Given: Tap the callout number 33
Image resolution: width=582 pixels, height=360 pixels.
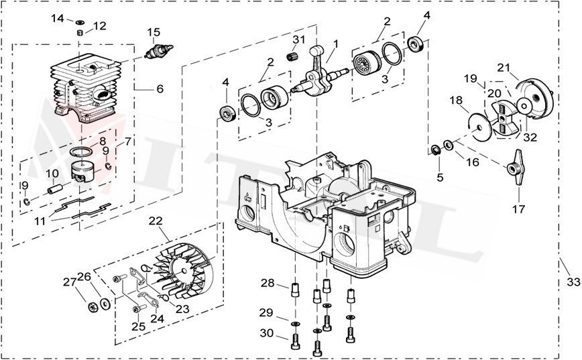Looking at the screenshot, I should click(x=572, y=282).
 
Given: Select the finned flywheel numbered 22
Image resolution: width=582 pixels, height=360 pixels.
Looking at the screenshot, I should click(x=178, y=274).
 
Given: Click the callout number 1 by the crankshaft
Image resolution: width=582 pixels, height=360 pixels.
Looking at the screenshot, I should click(x=335, y=44).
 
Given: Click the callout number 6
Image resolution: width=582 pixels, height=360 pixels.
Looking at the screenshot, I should click(x=160, y=88).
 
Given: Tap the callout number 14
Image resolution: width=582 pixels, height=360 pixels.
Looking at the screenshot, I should click(x=58, y=18).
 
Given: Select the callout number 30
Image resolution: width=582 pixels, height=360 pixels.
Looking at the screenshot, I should click(x=267, y=334).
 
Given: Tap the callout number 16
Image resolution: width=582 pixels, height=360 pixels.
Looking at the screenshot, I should click(x=473, y=162).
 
